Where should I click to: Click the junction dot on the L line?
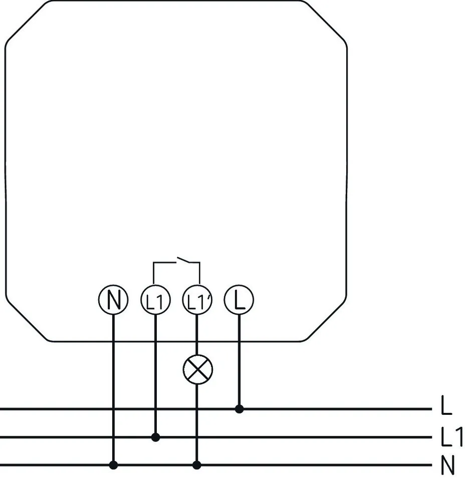coord(239,409)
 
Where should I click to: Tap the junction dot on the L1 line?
coord(155,437)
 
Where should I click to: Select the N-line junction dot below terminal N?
coord(113,465)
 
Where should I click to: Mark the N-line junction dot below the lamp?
coord(197,465)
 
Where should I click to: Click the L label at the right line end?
coord(446,405)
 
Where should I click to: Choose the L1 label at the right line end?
coord(451,436)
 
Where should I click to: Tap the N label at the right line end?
coord(447,465)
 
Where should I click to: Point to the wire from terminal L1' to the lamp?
coord(197,335)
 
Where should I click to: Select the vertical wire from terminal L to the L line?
coord(239,362)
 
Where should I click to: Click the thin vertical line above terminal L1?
coord(153,273)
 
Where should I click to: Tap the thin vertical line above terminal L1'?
coord(199,273)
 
